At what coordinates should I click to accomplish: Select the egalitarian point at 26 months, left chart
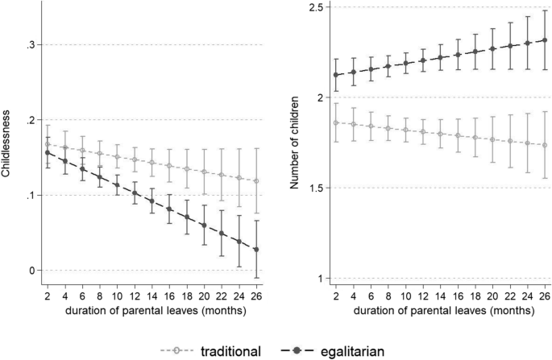[x=257, y=250]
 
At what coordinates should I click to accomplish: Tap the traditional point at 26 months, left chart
[x=257, y=181]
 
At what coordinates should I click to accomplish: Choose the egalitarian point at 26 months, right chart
[x=546, y=40]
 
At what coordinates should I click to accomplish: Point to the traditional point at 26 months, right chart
[x=546, y=145]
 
